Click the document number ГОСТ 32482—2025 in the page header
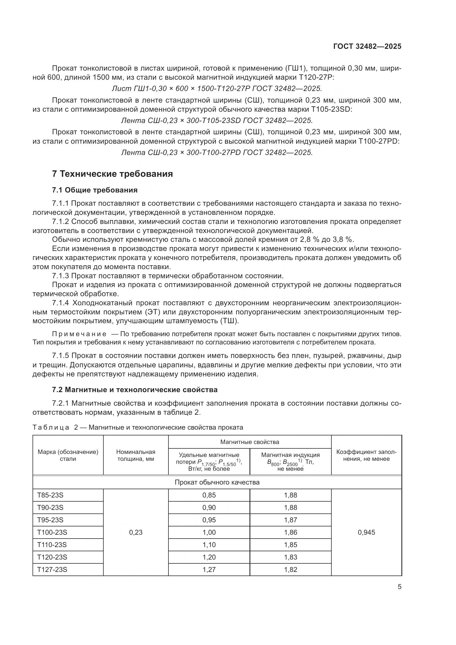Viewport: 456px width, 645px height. (367, 47)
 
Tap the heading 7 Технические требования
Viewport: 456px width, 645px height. (112, 174)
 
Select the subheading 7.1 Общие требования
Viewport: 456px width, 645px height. (95, 190)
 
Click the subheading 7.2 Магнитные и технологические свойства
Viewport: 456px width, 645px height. (135, 390)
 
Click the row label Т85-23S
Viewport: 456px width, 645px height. (50, 495)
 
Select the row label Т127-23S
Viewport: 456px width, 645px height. (52, 569)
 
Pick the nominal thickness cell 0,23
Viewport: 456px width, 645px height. (136, 532)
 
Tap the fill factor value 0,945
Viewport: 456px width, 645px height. (366, 532)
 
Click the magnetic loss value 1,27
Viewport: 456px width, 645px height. (209, 569)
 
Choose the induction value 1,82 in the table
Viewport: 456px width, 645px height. (290, 569)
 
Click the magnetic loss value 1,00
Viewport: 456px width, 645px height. (209, 532)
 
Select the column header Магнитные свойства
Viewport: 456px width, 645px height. (250, 442)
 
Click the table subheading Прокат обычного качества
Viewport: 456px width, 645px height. (217, 482)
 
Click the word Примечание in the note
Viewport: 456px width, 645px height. (79, 334)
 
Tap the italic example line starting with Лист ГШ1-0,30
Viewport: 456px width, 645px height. (217, 89)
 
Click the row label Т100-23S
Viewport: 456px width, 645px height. (52, 532)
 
